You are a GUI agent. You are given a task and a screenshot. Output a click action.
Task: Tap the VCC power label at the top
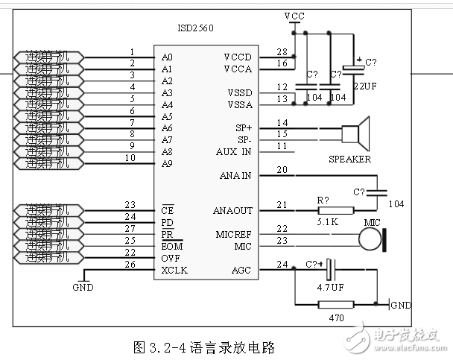(x=294, y=16)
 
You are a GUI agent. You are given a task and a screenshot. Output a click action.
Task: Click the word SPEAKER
(x=349, y=160)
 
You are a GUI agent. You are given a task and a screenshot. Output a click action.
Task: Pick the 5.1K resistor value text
(x=326, y=222)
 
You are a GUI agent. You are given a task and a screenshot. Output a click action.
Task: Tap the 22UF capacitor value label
(x=366, y=86)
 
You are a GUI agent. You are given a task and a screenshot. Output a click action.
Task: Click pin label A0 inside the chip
(x=167, y=57)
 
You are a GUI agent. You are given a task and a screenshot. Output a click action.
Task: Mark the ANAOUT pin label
(x=233, y=211)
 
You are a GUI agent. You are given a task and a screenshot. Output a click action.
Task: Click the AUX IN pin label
(x=234, y=151)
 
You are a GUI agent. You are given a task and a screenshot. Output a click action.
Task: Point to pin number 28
(x=281, y=52)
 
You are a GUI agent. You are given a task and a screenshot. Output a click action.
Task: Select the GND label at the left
(x=83, y=287)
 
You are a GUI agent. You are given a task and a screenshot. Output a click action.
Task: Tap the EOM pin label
(x=171, y=246)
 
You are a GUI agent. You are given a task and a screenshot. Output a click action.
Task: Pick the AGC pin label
(x=241, y=270)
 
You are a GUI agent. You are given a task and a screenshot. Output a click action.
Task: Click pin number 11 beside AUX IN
(x=281, y=146)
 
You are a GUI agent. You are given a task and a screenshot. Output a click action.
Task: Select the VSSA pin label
(x=240, y=104)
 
